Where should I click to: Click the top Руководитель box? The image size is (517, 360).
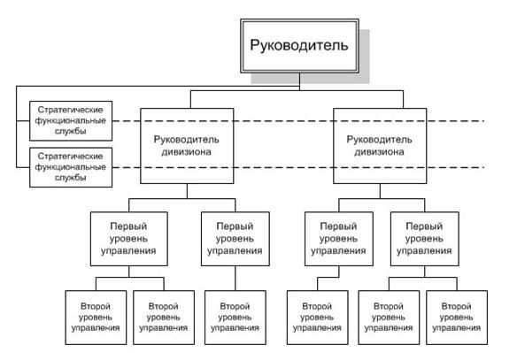299,46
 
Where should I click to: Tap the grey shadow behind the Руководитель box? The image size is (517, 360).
365,56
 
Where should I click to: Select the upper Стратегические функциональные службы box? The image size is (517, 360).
71,121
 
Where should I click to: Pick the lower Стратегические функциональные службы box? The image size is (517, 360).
71,167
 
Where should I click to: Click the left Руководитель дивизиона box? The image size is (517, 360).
187,146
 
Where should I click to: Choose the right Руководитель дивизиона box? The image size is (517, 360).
380,146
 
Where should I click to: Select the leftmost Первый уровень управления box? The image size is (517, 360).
129,239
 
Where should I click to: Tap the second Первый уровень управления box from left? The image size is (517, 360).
235,239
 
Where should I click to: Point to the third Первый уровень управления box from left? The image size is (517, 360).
339,239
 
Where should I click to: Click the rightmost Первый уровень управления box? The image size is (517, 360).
425,239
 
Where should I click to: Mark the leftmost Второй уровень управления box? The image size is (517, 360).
96,318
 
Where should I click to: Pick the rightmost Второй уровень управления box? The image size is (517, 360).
457,318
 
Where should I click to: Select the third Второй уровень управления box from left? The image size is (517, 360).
235,318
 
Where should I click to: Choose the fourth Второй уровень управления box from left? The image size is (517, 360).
317,318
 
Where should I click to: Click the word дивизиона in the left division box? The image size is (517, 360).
186,152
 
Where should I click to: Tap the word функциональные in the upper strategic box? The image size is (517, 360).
71,120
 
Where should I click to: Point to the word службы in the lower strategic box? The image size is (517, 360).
71,178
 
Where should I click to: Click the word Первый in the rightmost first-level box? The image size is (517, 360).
424,226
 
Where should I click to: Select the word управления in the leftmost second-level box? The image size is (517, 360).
96,328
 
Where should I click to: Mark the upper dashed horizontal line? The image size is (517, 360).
298,121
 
